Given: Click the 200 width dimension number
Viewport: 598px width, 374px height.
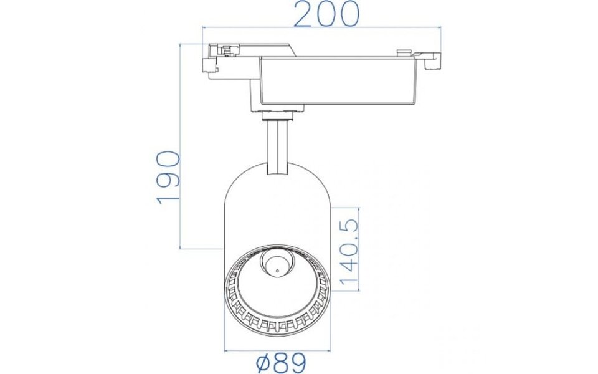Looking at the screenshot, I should (326, 14).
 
